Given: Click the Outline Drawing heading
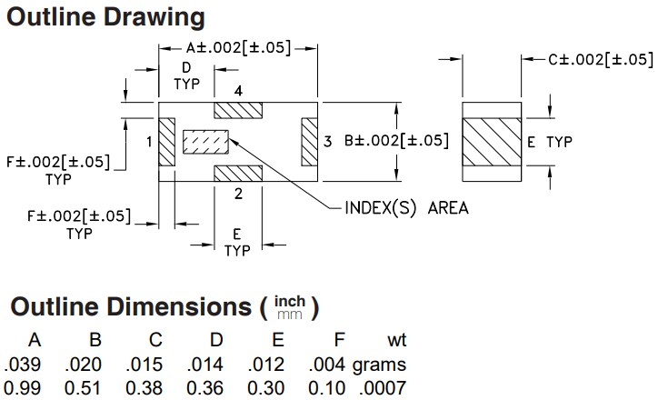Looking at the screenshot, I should [105, 17].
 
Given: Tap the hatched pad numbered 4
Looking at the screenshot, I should [237, 110].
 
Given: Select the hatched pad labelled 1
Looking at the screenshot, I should [166, 141].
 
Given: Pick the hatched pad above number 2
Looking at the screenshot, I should [237, 173].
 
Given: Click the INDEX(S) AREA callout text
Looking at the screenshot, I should [406, 207].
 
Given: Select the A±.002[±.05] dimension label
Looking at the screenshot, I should [238, 48].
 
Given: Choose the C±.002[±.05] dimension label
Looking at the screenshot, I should [600, 59].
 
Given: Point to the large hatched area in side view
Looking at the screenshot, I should [493, 142].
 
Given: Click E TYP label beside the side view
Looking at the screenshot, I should [550, 142].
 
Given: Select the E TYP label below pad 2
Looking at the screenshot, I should [236, 241].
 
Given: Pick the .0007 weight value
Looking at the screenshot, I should [386, 389].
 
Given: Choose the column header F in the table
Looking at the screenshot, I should [339, 341].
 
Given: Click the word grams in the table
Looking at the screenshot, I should [380, 365].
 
